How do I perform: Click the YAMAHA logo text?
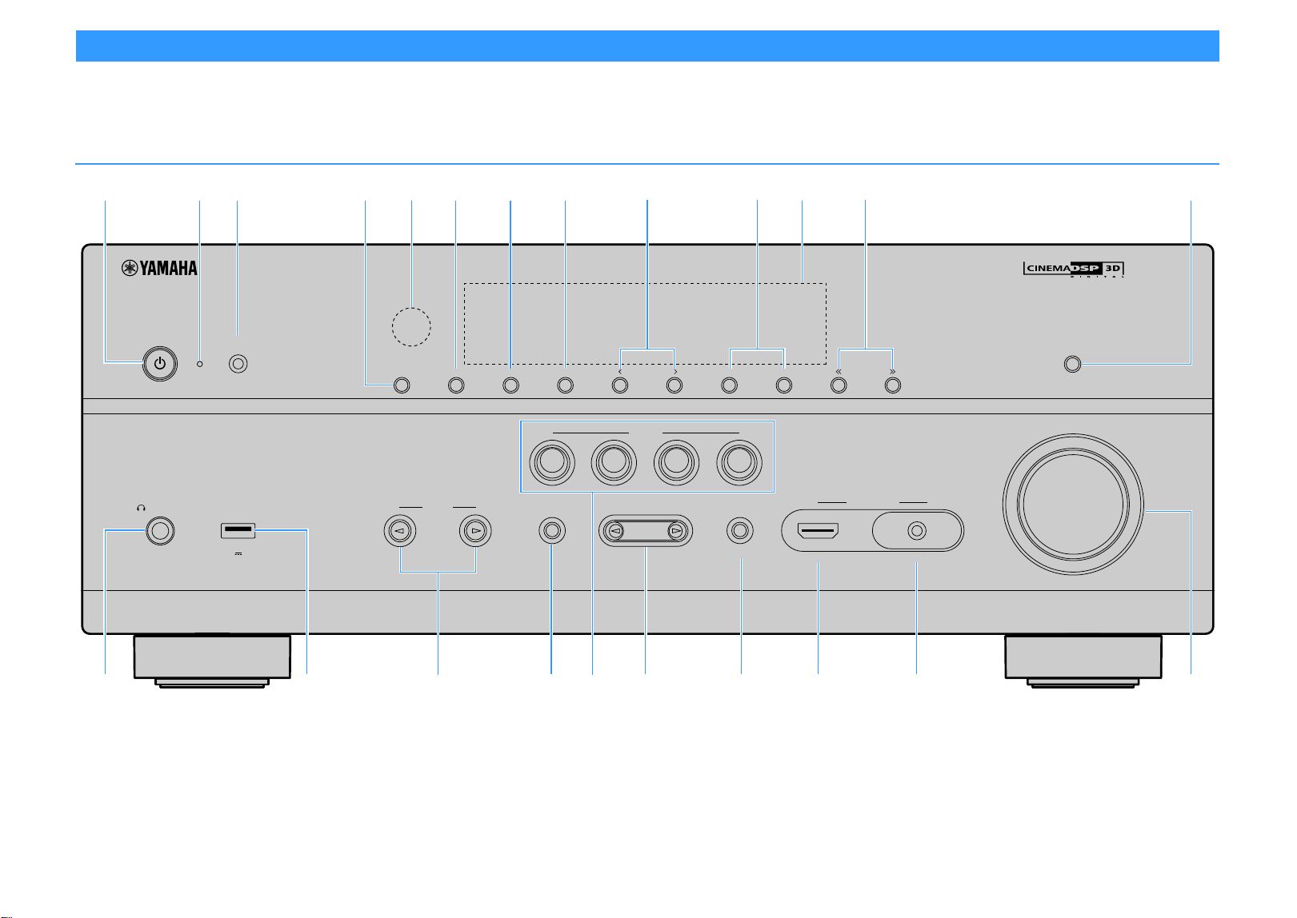pos(160,268)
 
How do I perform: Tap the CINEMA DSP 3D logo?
pos(1074,269)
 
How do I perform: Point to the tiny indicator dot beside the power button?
pos(200,364)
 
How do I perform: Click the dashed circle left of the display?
pos(411,327)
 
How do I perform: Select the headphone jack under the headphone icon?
pos(160,531)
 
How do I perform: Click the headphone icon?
pos(141,508)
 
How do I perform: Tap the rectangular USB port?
pos(238,530)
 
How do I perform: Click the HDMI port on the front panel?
pos(818,530)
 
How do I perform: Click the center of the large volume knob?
pos(1073,504)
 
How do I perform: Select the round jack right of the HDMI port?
pos(917,530)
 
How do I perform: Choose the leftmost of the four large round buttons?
pos(552,462)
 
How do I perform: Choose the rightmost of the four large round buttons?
pos(739,462)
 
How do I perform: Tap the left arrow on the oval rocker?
pos(616,530)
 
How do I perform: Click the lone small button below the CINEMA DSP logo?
pos(1072,364)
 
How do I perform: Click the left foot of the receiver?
pos(212,661)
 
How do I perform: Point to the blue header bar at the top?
pos(647,46)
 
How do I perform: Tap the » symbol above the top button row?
pos(892,372)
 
